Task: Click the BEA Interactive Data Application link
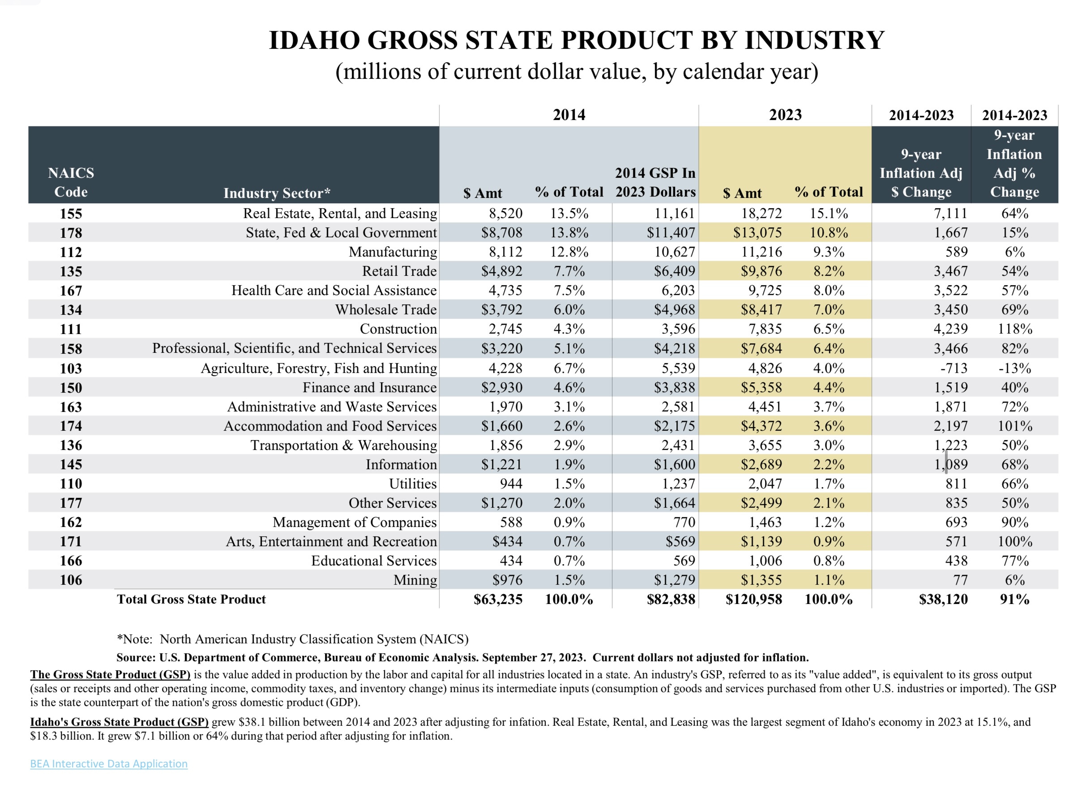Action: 108,763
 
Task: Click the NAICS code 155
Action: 71,214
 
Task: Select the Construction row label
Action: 398,329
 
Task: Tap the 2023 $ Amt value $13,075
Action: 757,233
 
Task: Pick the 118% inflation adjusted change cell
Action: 1014,329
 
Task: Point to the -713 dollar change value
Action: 953,368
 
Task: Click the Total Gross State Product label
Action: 191,599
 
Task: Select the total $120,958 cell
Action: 753,599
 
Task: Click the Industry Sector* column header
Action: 277,193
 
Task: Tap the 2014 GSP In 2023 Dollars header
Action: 655,182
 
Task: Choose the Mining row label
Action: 415,580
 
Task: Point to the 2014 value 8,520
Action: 505,214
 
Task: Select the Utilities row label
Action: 413,484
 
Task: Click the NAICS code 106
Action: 71,580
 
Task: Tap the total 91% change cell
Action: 1014,599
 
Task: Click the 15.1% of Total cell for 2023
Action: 829,214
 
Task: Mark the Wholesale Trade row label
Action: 386,309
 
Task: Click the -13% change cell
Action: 1014,368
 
